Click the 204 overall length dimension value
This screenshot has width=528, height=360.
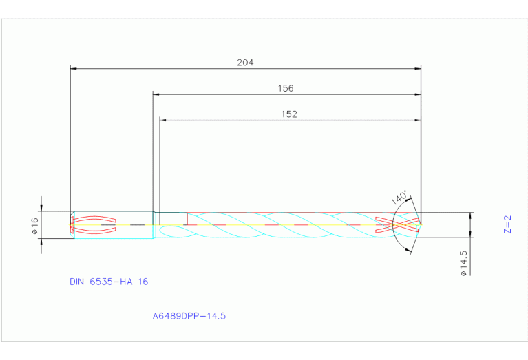tap(245, 62)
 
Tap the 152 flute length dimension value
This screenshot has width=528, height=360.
tap(289, 114)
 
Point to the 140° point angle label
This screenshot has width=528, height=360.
tap(399, 198)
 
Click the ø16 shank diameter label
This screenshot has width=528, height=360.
tap(34, 224)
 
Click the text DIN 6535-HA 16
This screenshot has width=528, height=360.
tap(109, 282)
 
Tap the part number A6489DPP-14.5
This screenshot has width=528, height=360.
tap(189, 317)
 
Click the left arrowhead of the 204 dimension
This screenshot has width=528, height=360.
tap(74, 68)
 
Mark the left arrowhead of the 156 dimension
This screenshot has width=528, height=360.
tap(156, 94)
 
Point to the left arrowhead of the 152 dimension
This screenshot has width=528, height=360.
tap(163, 120)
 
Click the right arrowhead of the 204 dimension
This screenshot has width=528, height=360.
tap(417, 68)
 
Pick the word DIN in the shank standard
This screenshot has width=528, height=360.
tap(76, 282)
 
